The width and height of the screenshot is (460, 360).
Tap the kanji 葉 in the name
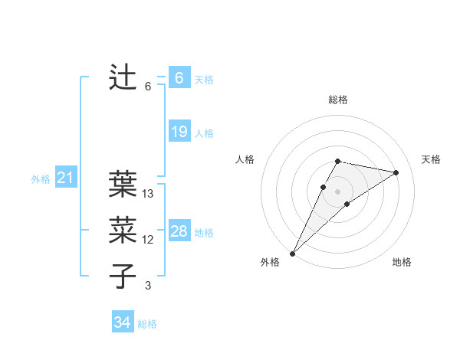[123, 183]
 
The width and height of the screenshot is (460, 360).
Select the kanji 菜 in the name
[123, 229]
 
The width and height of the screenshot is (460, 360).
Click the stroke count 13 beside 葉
[148, 194]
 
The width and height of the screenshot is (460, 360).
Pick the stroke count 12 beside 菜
[148, 240]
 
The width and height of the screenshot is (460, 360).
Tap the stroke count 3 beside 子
[148, 286]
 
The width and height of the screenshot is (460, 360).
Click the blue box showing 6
[179, 78]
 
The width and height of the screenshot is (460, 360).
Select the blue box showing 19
[179, 132]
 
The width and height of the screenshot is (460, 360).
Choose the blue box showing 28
[179, 231]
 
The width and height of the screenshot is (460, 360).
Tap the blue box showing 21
[65, 178]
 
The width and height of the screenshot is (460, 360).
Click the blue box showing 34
[122, 322]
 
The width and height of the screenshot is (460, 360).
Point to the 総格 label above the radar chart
[337, 100]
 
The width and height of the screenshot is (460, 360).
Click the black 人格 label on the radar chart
[245, 159]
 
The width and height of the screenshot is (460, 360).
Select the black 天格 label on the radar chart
[431, 159]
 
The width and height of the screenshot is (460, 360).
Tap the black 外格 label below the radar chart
[270, 262]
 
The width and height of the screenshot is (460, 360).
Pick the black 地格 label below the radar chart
[402, 262]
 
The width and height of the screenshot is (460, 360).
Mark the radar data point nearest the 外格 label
[293, 253]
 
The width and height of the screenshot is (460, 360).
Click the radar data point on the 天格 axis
[396, 172]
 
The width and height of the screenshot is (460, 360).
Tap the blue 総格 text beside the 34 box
[147, 324]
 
